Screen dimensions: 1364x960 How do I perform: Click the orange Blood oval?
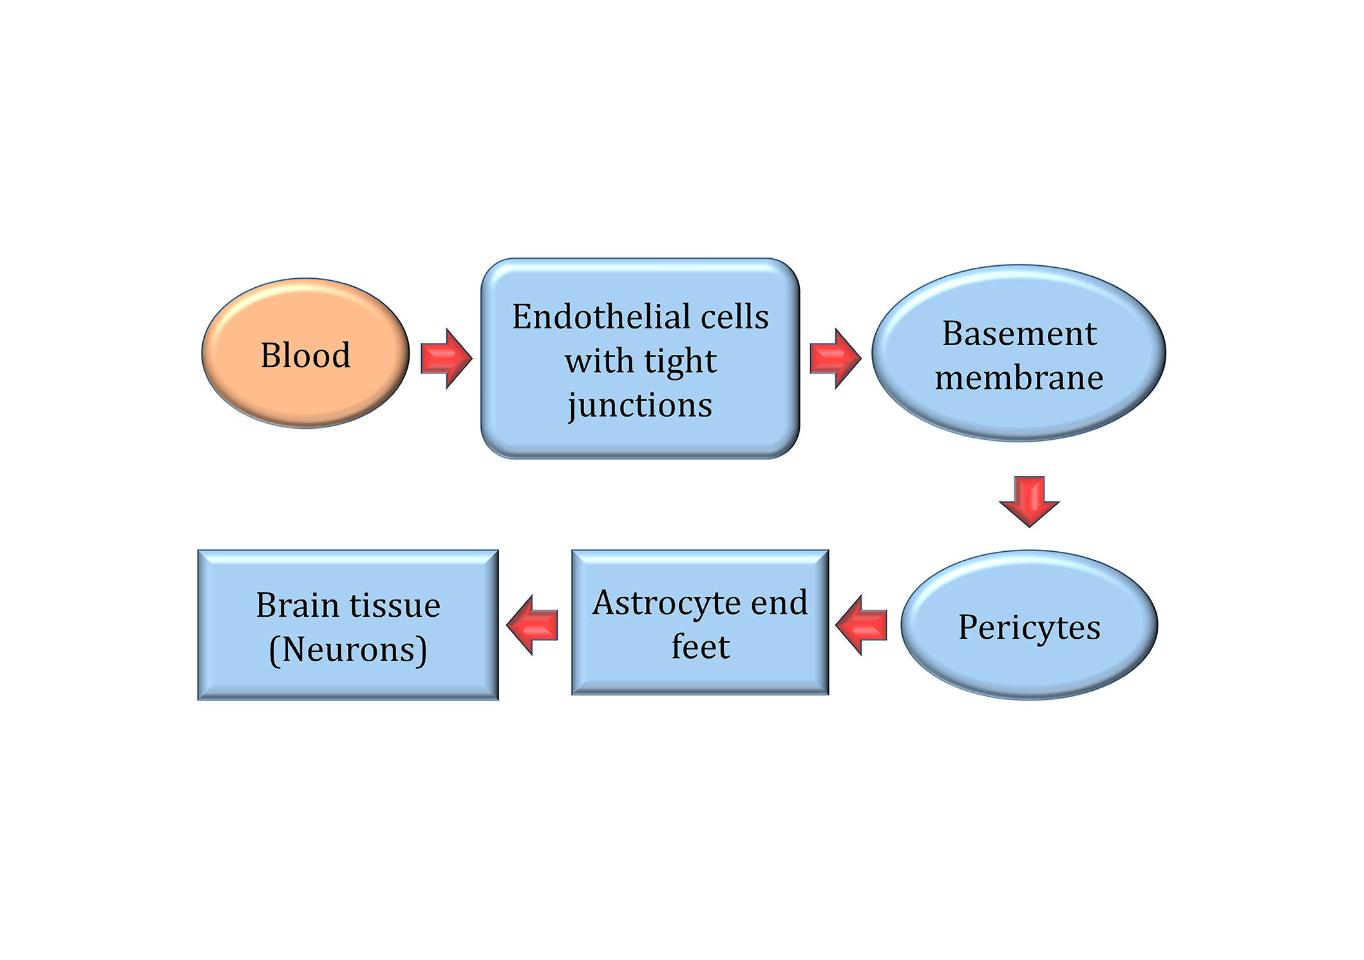pos(305,353)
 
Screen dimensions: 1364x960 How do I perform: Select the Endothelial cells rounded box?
pos(640,359)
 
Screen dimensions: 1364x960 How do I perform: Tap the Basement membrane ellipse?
pos(1019,353)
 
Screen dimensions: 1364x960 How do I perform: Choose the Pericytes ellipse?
pos(1029,625)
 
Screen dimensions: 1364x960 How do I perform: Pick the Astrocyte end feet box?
pos(700,623)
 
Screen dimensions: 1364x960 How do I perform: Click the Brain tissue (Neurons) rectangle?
pos(348,625)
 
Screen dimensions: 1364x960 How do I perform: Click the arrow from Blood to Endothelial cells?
pos(446,359)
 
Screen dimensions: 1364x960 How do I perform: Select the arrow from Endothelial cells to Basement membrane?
pos(835,359)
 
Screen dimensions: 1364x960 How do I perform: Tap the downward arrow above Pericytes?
pos(1029,502)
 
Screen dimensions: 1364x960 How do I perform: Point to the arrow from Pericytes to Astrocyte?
pos(861,625)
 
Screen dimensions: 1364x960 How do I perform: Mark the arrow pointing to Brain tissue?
pos(532,625)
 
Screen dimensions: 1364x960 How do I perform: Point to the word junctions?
pos(640,406)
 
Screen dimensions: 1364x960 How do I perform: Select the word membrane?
pos(1019,377)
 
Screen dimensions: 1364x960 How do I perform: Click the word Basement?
pos(1019,334)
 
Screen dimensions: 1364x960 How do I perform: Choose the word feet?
pos(701,646)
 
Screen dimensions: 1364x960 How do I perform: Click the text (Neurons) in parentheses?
pos(348,650)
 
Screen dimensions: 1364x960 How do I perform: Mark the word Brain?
pos(298,605)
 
